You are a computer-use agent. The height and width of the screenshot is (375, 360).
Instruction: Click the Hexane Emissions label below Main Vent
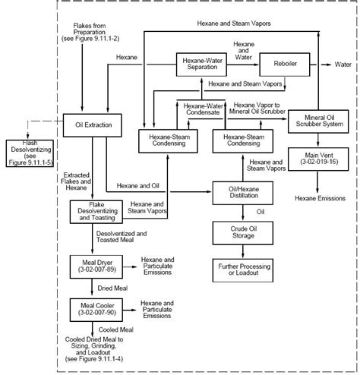coord(319,198)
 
